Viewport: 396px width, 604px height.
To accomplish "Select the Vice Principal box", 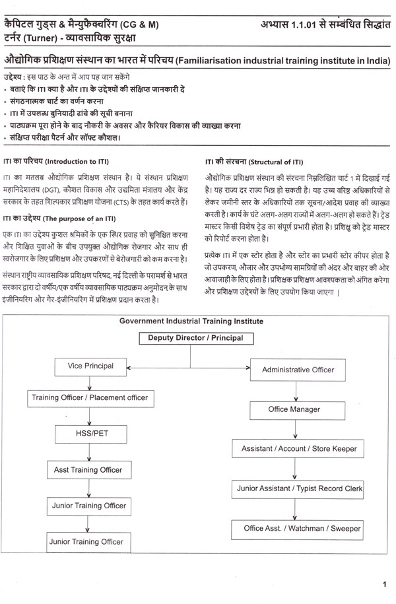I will click(90, 366).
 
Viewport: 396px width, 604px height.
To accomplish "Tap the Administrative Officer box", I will click(298, 370).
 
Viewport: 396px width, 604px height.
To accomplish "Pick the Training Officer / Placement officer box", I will click(90, 398).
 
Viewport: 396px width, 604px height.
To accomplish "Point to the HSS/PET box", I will click(88, 434).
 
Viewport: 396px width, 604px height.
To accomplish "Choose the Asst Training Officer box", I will click(88, 470).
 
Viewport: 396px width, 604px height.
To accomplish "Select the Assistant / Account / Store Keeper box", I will click(299, 449).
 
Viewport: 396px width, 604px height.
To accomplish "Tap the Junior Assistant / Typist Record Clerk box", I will click(299, 489).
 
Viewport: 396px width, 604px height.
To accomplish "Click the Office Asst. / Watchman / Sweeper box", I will click(298, 529).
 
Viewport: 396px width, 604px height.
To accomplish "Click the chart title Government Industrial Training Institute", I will click(191, 321).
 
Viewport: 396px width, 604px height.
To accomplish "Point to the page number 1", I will click(384, 584).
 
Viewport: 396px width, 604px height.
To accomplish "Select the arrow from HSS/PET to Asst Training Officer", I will click(88, 452).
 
